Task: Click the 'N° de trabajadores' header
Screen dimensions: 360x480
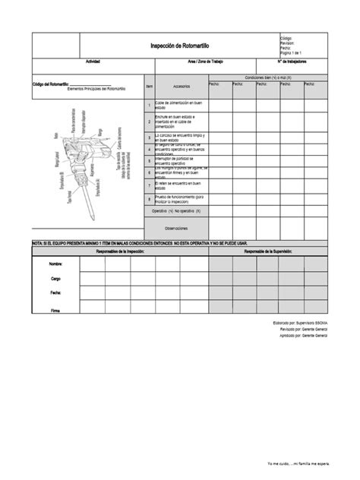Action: (292, 62)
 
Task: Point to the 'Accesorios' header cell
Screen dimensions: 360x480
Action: (181, 86)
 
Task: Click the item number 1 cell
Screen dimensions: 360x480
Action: (149, 104)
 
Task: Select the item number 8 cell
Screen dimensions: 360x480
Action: (149, 199)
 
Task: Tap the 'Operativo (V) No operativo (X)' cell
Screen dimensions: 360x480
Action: (181, 211)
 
